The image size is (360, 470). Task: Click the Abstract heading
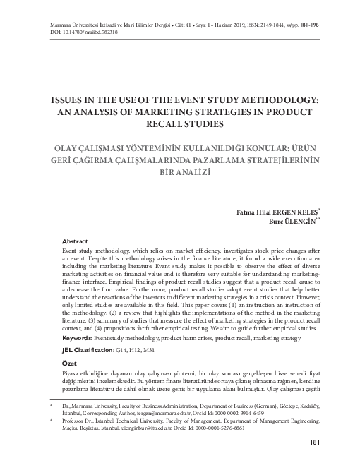tap(76, 241)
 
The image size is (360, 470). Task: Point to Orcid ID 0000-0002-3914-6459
tap(241, 416)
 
